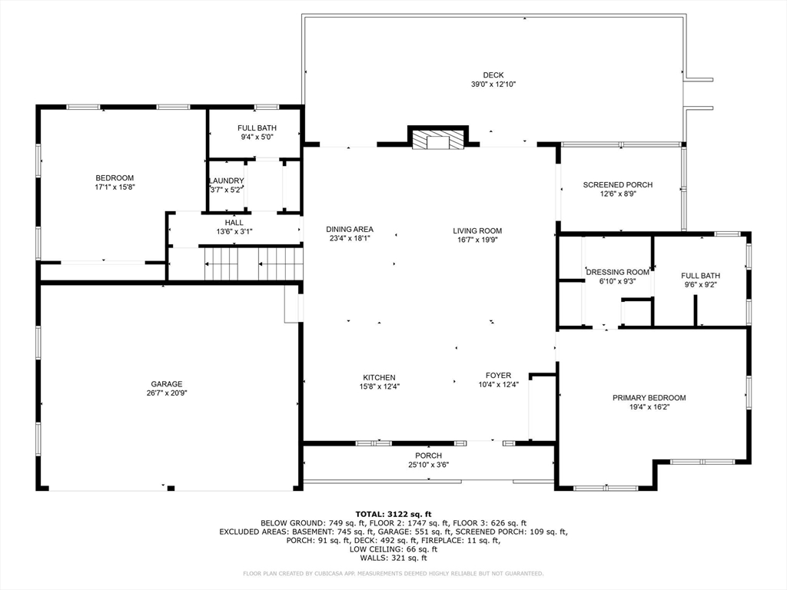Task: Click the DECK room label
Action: (493, 75)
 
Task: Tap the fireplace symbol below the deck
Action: (438, 138)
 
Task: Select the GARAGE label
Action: (167, 384)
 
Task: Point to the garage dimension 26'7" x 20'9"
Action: (167, 393)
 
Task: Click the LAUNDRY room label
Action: (227, 181)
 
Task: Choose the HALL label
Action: (234, 222)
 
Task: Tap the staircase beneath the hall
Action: (254, 264)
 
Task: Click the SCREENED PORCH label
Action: (618, 184)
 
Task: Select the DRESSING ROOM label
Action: (618, 272)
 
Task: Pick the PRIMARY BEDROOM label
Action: (649, 398)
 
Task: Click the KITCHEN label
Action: (379, 377)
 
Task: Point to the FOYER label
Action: (498, 375)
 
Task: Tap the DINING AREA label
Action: (350, 229)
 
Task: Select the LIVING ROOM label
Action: (477, 230)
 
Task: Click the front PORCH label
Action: (429, 456)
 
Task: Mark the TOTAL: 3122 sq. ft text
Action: (393, 514)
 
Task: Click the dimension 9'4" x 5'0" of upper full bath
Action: (257, 137)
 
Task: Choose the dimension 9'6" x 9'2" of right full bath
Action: (701, 284)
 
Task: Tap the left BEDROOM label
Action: (115, 177)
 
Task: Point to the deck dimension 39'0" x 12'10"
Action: (493, 85)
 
